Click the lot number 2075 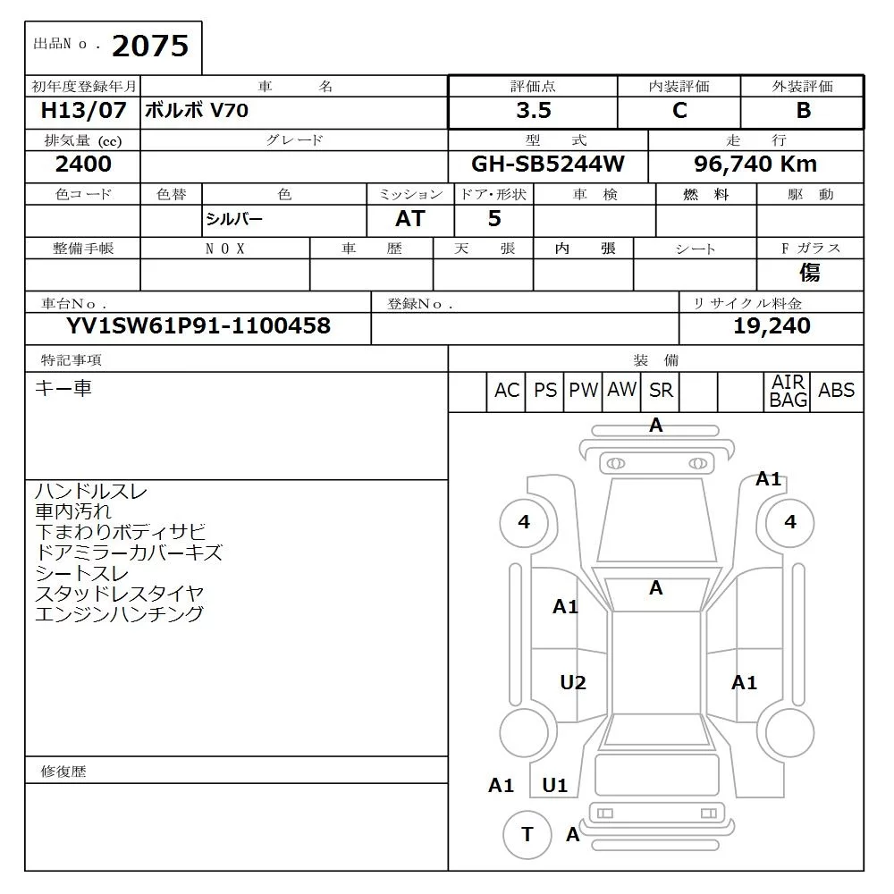(x=150, y=46)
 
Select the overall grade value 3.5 (x=533, y=110)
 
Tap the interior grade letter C (x=679, y=110)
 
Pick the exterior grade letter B (x=803, y=110)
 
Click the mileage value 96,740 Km (x=755, y=164)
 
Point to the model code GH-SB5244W (x=547, y=164)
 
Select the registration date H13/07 (x=84, y=111)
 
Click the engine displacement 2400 (x=83, y=164)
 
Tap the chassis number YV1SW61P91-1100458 (x=198, y=325)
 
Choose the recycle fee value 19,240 (x=772, y=325)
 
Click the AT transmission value (x=410, y=218)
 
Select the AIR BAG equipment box (x=789, y=392)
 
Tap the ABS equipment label (x=836, y=391)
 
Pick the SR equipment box (x=662, y=391)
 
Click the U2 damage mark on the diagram (x=573, y=683)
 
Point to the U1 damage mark (x=555, y=785)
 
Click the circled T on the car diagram (x=527, y=834)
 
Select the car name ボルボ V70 (x=198, y=111)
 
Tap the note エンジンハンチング (x=119, y=614)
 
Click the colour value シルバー (x=235, y=219)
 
